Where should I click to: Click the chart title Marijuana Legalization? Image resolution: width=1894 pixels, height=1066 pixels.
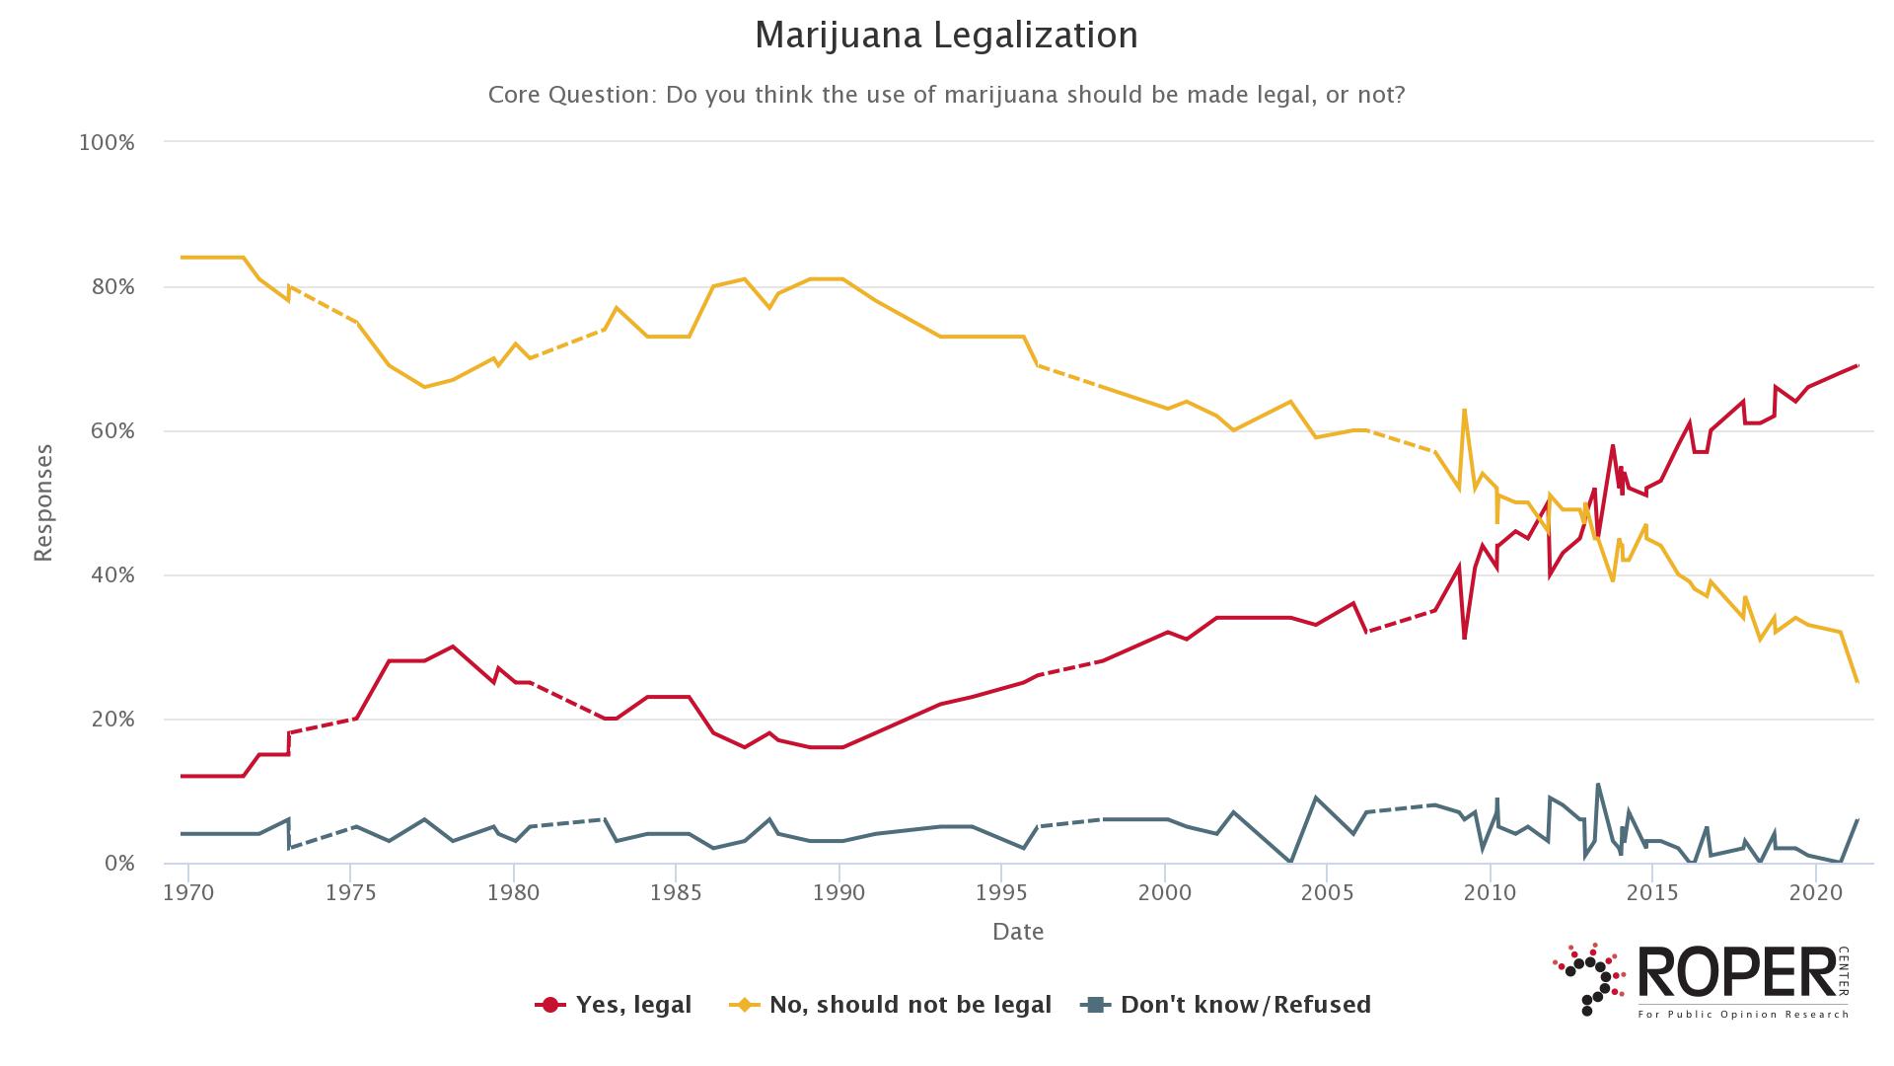click(946, 36)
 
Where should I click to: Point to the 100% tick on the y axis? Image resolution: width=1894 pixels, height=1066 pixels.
click(106, 143)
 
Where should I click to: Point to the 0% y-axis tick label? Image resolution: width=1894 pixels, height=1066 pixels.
click(116, 864)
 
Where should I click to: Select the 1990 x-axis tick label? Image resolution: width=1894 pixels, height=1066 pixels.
click(838, 893)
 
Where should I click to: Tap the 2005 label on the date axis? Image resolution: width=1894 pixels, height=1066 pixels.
click(1327, 893)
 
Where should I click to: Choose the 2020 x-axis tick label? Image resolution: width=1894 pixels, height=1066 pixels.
click(1815, 893)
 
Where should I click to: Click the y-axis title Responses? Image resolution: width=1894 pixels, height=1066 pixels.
click(43, 503)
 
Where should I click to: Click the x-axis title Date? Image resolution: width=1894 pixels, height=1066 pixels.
click(1018, 932)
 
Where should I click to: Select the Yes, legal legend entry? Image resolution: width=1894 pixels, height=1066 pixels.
click(614, 1005)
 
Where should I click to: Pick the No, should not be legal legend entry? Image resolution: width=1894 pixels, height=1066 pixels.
click(890, 1005)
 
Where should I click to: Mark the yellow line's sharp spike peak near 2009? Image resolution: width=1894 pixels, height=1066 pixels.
click(1464, 410)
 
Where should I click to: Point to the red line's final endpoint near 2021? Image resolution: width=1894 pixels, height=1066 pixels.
click(1858, 366)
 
